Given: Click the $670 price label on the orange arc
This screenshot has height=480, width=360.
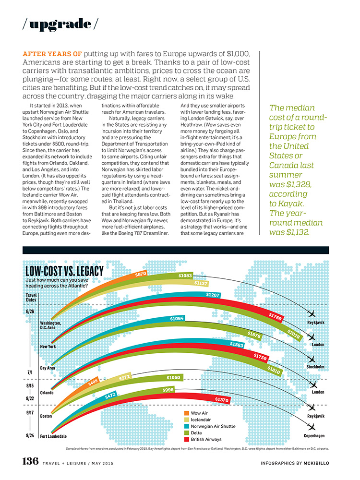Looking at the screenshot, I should (x=140, y=274).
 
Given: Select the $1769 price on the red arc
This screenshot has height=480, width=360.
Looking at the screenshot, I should (x=275, y=316).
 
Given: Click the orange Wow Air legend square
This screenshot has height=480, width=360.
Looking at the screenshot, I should (x=186, y=412).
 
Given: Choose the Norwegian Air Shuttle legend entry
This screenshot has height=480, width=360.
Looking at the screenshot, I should (x=213, y=426).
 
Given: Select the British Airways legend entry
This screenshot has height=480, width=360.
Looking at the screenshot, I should (x=206, y=439).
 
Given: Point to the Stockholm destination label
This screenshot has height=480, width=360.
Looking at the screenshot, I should (x=315, y=367).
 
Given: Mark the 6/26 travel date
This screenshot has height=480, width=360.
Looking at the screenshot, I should (x=30, y=311).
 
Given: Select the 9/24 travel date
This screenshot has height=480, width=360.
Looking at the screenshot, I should (x=30, y=435).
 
